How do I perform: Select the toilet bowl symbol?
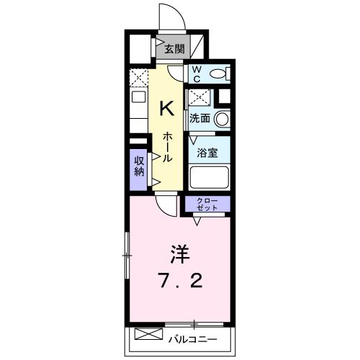point(222,73)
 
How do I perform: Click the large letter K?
point(166,108)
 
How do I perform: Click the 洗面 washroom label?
point(200,118)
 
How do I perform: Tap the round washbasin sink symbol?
point(222,119)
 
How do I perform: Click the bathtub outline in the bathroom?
point(207,178)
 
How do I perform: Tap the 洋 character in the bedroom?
point(180,253)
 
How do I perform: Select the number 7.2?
point(180,280)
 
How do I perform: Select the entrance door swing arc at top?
point(168,18)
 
